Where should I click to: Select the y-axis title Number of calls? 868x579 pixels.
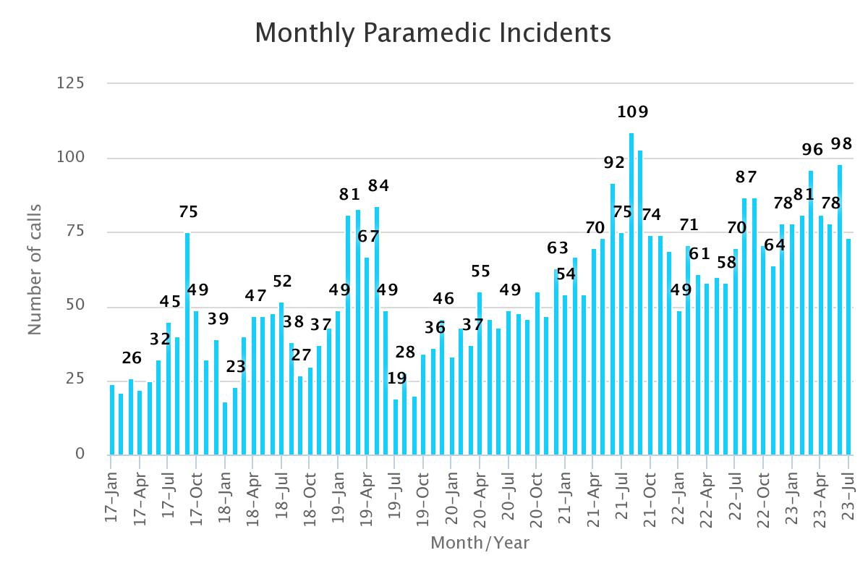(35, 269)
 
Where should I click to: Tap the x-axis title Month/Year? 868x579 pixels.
(480, 542)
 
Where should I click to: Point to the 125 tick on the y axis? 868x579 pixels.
(71, 83)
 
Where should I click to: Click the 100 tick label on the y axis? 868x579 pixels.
(71, 158)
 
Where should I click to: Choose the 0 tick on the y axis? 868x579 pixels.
(80, 455)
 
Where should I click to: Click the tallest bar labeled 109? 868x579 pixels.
(631, 293)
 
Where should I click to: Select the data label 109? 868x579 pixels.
(633, 112)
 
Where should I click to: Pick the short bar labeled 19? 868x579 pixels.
(396, 427)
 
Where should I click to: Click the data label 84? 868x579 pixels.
(378, 186)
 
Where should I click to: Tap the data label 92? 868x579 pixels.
(614, 163)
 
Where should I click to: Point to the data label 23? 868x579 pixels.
(236, 367)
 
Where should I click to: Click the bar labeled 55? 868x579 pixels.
(480, 373)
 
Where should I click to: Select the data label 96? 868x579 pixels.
(813, 150)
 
